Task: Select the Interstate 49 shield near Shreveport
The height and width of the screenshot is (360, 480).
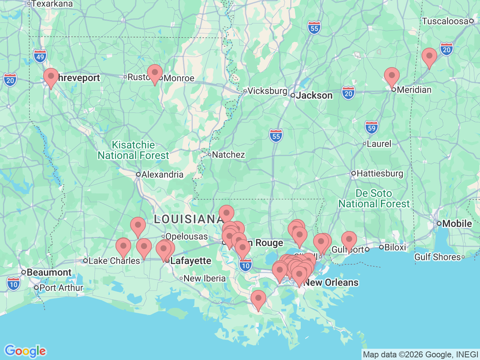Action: (40, 57)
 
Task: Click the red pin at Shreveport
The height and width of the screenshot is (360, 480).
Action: (51, 76)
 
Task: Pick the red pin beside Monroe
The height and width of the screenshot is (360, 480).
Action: (154, 73)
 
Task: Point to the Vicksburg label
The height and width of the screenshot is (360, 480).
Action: (267, 91)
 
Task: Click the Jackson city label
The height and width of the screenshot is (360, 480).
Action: (314, 96)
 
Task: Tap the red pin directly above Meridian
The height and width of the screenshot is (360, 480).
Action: (391, 76)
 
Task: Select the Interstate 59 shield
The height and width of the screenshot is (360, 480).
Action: (372, 128)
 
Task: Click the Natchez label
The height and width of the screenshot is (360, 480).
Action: (228, 154)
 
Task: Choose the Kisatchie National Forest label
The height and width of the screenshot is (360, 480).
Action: (133, 150)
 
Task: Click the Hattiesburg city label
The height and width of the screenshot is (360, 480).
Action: (379, 173)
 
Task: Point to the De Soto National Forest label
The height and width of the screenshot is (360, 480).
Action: (374, 198)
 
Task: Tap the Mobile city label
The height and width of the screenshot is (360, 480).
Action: (457, 223)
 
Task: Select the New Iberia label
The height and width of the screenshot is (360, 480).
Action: (204, 278)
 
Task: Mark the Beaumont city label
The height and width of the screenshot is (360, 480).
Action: (49, 272)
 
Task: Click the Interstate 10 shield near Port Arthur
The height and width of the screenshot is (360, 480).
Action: (13, 284)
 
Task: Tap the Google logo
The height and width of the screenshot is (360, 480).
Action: (25, 351)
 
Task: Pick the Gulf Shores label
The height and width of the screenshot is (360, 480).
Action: (437, 257)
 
